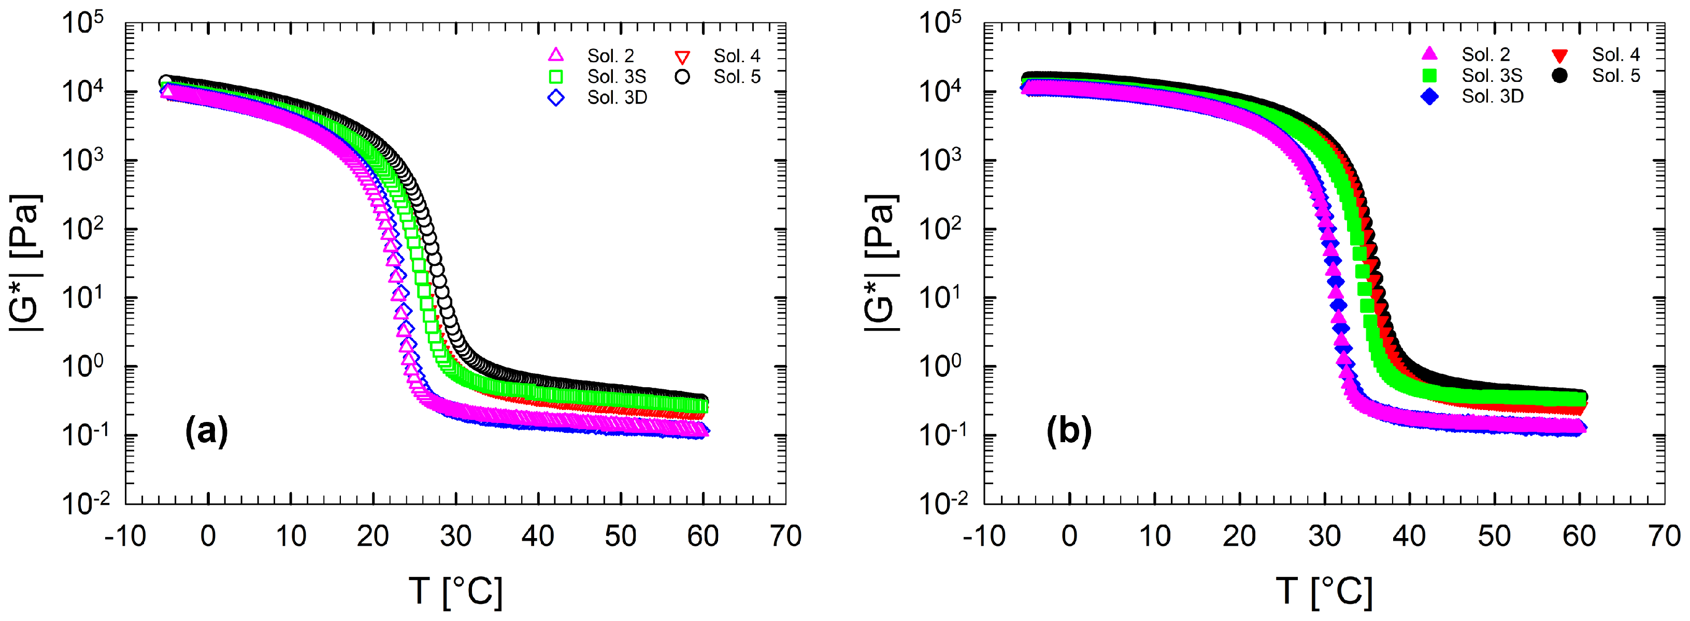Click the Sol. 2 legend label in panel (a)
pos(610,56)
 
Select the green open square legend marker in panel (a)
pos(556,77)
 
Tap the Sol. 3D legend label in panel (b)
pos(1492,96)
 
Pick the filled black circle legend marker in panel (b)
pos(1559,76)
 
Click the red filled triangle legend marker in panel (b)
pos(1559,55)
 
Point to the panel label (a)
pos(207,431)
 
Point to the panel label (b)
pos(1069,431)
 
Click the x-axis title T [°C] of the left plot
pos(455,591)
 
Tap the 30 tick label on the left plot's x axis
pos(455,537)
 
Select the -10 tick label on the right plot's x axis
pos(983,537)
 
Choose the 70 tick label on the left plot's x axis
pos(785,537)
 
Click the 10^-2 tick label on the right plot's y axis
pos(941,503)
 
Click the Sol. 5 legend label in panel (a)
pos(737,77)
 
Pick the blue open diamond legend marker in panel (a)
pos(556,98)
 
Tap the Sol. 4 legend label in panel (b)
pos(1615,54)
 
